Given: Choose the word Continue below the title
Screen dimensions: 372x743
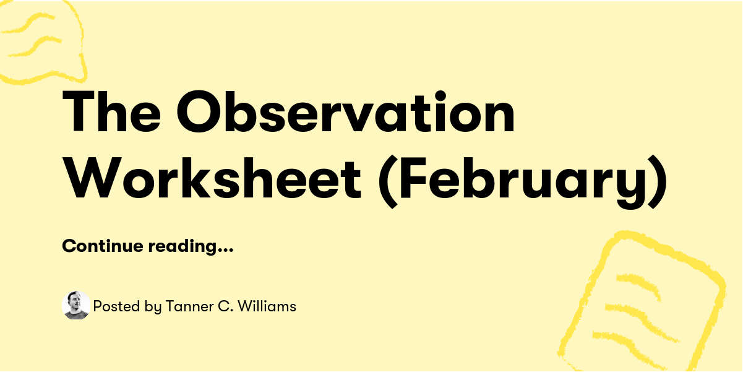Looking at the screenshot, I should coord(103,247).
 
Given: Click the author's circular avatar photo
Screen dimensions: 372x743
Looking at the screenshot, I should coord(76,305).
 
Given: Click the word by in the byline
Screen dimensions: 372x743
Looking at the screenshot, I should coord(151,306).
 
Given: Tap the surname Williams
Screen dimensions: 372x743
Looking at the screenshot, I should coord(266,306).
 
